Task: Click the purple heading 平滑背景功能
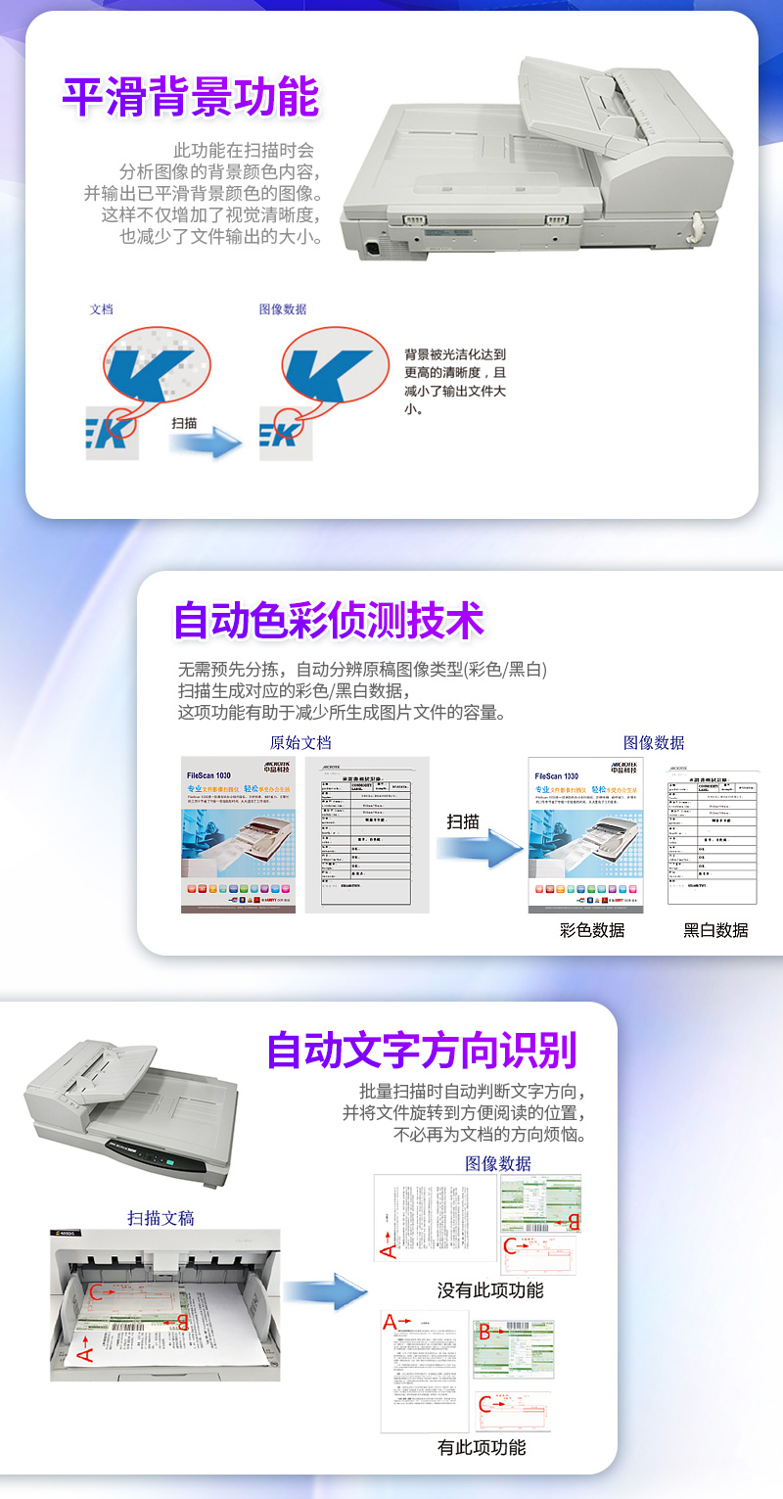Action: (x=191, y=97)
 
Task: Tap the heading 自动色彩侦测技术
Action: (x=329, y=621)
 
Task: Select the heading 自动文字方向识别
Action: (x=422, y=1050)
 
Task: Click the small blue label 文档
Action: (x=101, y=309)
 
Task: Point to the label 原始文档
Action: (x=300, y=743)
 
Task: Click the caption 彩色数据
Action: (x=592, y=930)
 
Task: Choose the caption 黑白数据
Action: (x=715, y=930)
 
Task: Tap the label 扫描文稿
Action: (x=161, y=1218)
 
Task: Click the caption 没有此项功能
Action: (x=489, y=1290)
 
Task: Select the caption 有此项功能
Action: (x=482, y=1447)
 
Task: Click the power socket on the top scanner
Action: (x=373, y=248)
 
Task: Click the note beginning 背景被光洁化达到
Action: (x=455, y=382)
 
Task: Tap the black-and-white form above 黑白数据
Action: (x=712, y=835)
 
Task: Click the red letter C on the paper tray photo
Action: (x=95, y=1292)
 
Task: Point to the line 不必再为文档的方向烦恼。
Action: (x=489, y=1136)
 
